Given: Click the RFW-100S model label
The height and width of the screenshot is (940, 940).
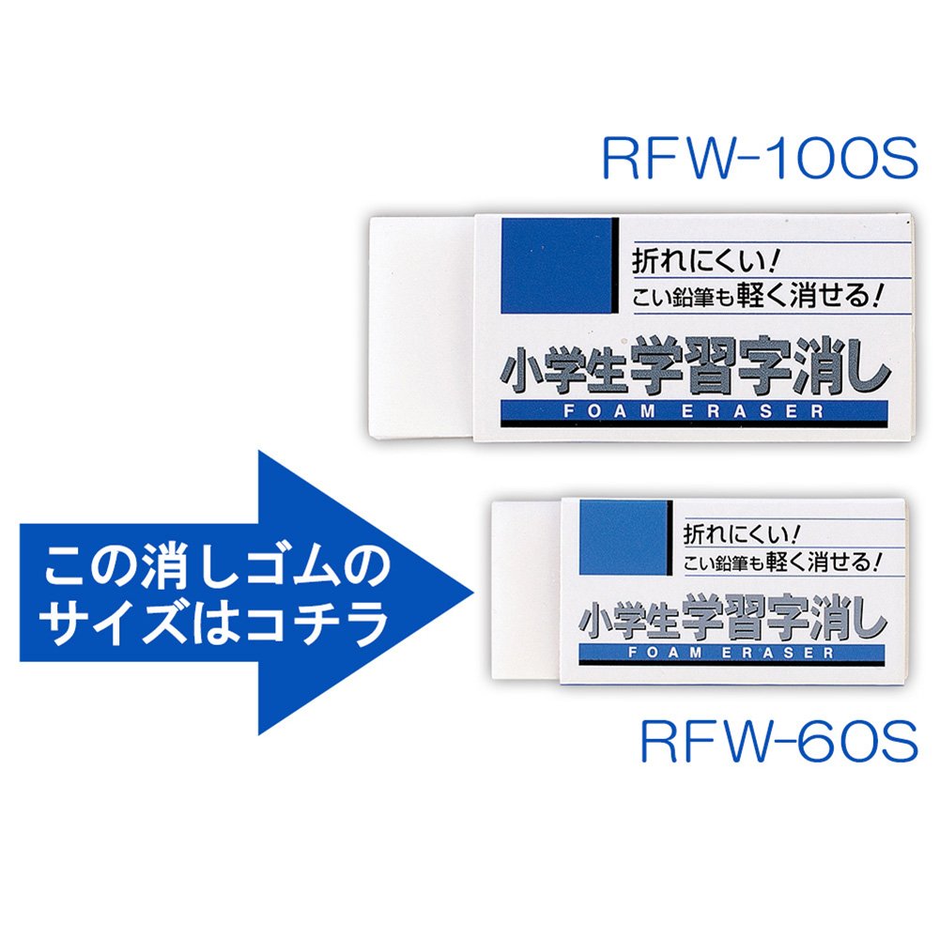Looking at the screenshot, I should [758, 160].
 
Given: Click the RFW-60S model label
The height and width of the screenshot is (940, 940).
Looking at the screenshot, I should [778, 744].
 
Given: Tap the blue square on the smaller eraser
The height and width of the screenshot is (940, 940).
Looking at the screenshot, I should [623, 537].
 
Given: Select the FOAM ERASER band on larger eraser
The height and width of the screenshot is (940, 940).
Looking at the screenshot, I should [694, 411].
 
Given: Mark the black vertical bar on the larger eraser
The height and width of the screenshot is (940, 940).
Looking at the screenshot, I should [615, 266].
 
